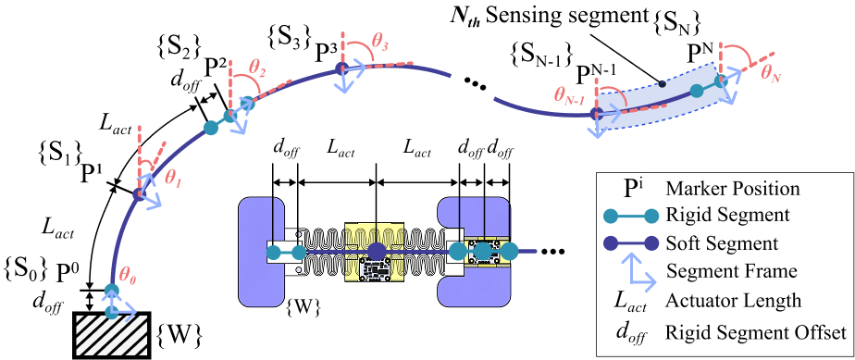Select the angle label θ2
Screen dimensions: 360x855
(x=258, y=67)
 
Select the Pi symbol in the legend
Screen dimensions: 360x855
(x=633, y=189)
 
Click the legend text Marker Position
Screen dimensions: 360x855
(x=733, y=189)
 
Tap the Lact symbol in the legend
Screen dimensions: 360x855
(x=633, y=301)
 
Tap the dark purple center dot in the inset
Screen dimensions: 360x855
(x=377, y=252)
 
